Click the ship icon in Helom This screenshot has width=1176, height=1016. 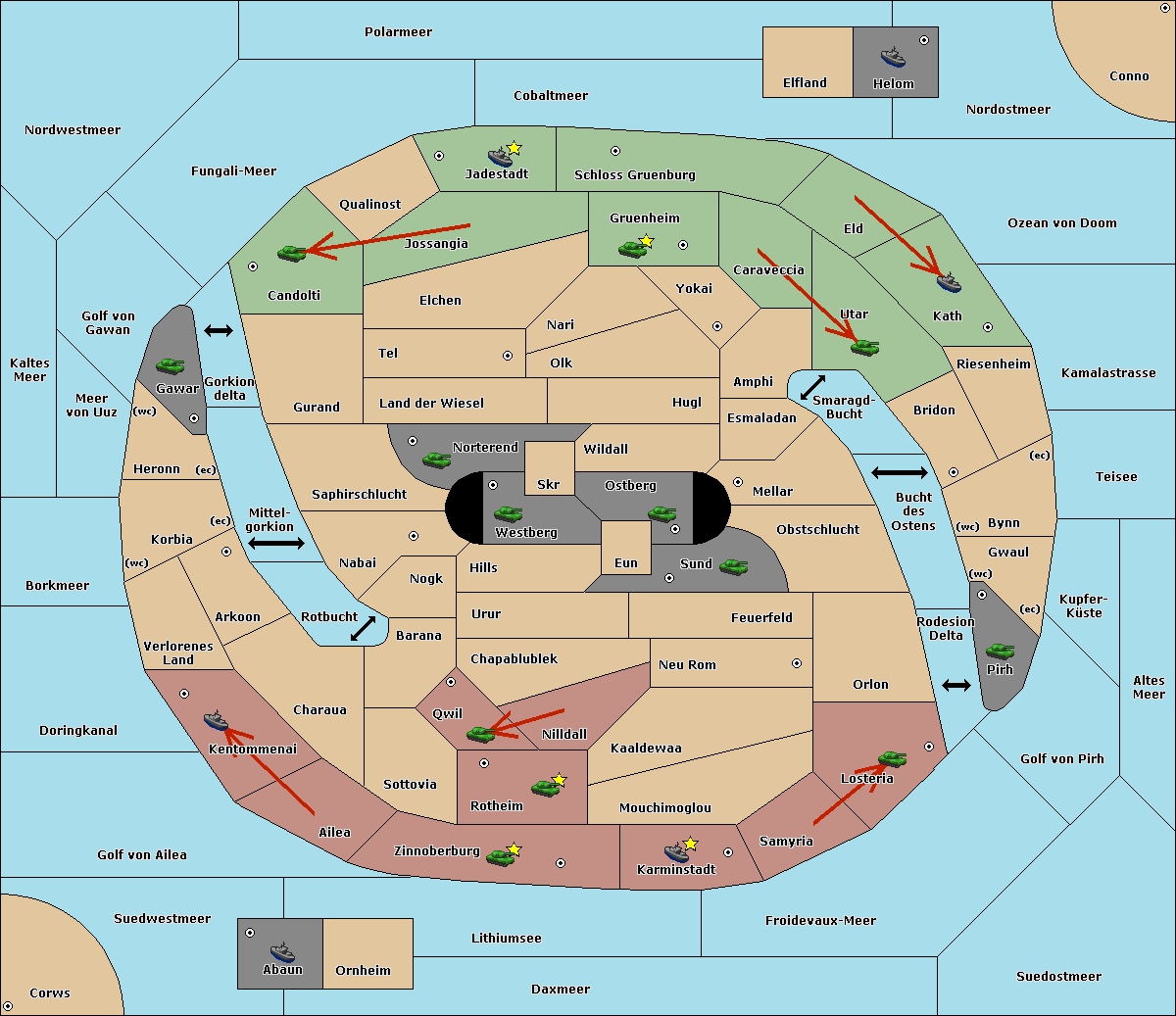click(893, 57)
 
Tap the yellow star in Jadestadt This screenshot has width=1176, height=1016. click(514, 149)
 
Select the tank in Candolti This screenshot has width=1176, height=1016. click(292, 253)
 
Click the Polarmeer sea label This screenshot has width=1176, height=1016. click(398, 32)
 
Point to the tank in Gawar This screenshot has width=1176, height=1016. click(171, 365)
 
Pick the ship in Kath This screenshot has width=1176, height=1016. click(949, 282)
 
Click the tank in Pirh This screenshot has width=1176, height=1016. click(1000, 651)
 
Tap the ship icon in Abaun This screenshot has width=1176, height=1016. click(282, 951)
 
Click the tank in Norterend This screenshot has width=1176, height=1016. click(436, 460)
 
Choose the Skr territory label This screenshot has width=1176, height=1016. click(549, 484)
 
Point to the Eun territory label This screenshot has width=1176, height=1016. click(626, 562)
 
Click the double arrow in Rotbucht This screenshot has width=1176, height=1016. click(363, 629)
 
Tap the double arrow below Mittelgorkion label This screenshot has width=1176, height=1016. click(276, 543)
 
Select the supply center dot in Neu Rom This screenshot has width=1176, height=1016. click(797, 663)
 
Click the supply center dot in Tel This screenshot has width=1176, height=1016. click(508, 356)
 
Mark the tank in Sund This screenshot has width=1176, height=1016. click(733, 566)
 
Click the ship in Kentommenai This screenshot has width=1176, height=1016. click(216, 720)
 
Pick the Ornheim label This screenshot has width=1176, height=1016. click(363, 970)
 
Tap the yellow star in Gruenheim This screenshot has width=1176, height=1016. click(646, 241)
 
